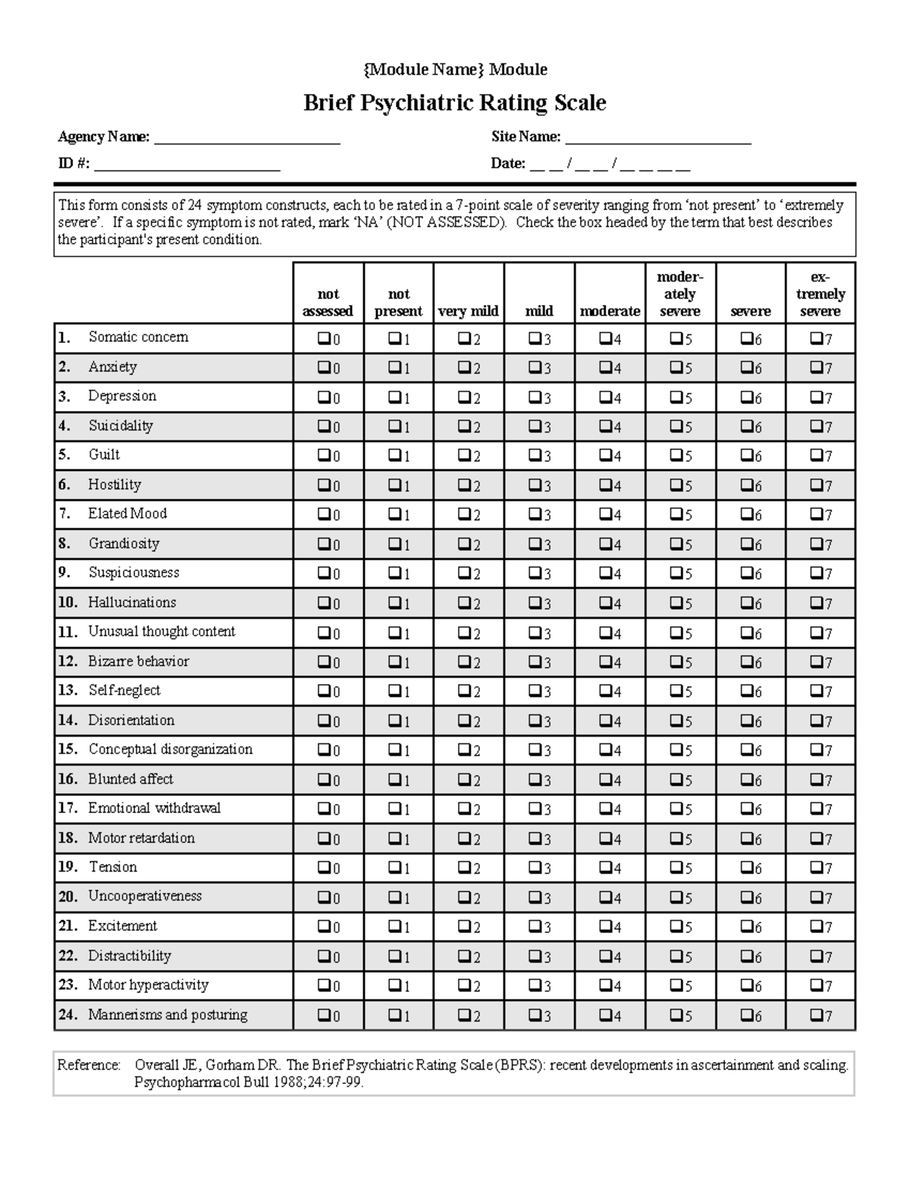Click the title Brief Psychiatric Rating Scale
point(454,102)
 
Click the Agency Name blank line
point(246,139)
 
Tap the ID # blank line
point(187,165)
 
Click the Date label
point(507,163)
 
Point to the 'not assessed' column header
point(328,302)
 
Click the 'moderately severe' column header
point(679,294)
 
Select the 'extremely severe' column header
point(820,294)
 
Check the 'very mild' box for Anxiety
point(463,368)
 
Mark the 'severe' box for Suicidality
point(745,426)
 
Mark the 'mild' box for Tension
point(534,868)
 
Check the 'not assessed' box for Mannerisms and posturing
point(323,1015)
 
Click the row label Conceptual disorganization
point(170,749)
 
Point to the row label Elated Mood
point(127,514)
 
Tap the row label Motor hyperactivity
point(147,985)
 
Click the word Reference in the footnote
point(89,1065)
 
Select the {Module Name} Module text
point(455,70)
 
